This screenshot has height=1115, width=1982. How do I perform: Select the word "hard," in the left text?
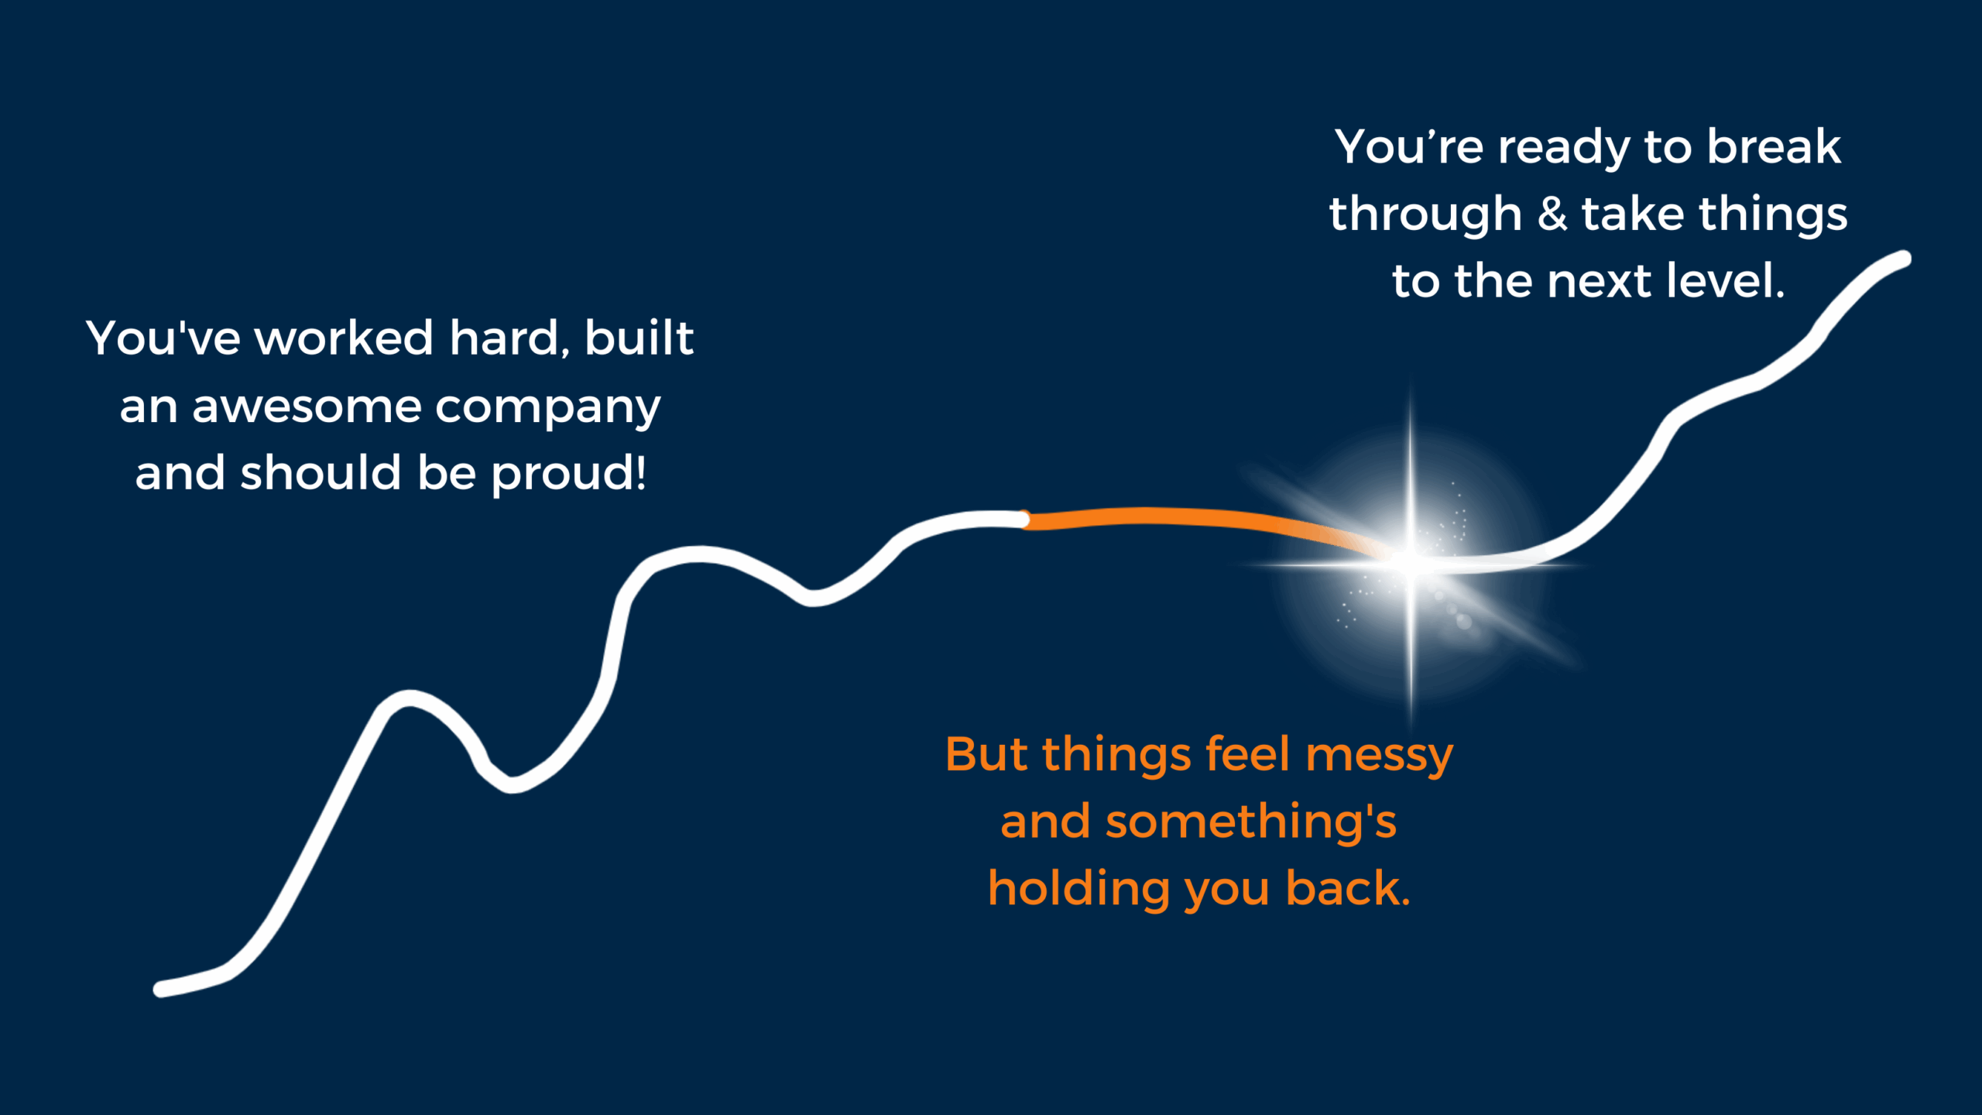coord(510,338)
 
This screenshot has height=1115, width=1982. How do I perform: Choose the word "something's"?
coord(1252,822)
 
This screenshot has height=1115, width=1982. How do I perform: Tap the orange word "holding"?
coord(1078,890)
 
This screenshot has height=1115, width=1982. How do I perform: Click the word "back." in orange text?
coord(1348,888)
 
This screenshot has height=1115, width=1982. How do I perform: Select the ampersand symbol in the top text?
coord(1552,214)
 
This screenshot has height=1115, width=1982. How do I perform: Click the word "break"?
coord(1774,146)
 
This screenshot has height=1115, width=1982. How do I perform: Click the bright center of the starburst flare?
coord(1411,563)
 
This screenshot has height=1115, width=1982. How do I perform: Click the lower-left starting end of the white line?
coord(161,989)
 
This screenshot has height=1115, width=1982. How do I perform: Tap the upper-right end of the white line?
coord(1904,259)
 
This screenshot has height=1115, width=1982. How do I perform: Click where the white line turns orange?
coord(1025,520)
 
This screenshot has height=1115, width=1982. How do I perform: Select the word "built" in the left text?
coord(639,338)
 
